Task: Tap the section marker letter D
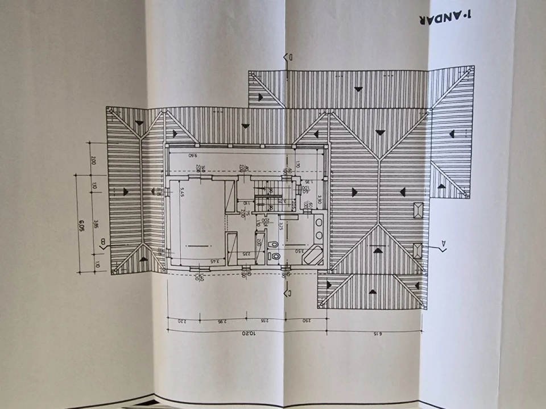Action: pyautogui.click(x=289, y=57)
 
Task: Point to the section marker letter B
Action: pyautogui.click(x=103, y=244)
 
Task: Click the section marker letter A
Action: pyautogui.click(x=444, y=245)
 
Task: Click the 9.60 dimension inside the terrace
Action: pyautogui.click(x=192, y=154)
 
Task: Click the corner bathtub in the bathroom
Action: pyautogui.click(x=312, y=257)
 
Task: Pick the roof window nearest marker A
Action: pyautogui.click(x=418, y=250)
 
